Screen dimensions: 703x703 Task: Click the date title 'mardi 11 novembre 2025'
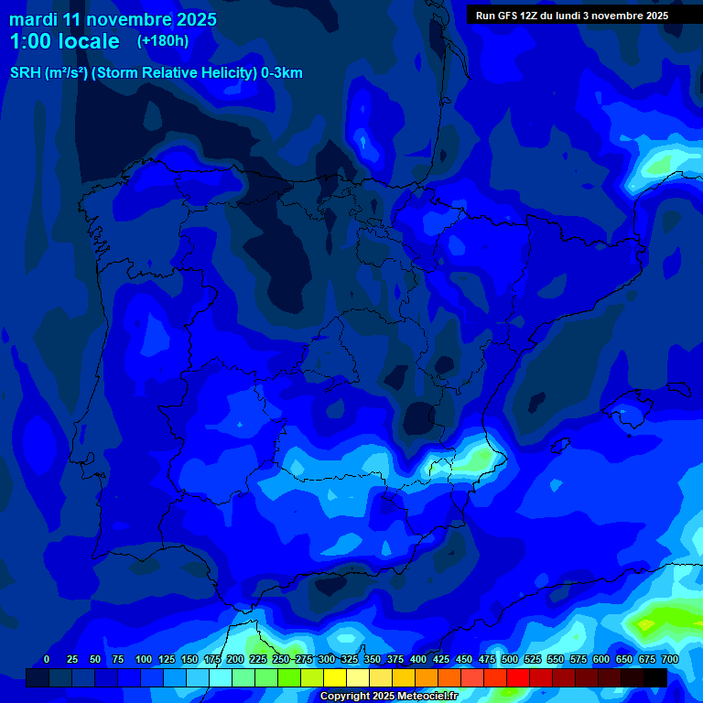pyautogui.click(x=113, y=19)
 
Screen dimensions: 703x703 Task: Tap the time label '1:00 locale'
pyautogui.click(x=64, y=41)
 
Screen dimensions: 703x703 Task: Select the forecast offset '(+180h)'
pyautogui.click(x=163, y=41)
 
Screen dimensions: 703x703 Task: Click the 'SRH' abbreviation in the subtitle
pyautogui.click(x=25, y=73)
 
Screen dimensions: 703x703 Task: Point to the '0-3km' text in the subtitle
pyautogui.click(x=282, y=73)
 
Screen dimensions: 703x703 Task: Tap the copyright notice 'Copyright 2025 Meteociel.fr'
pyautogui.click(x=388, y=696)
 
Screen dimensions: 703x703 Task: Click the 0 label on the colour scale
pyautogui.click(x=47, y=659)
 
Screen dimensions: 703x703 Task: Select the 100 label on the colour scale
pyautogui.click(x=144, y=659)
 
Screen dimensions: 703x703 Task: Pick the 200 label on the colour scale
pyautogui.click(x=235, y=659)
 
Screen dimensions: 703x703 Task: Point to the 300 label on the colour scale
pyautogui.click(x=327, y=659)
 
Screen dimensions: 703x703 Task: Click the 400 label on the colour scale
pyautogui.click(x=418, y=659)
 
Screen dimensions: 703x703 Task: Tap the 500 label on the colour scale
pyautogui.click(x=510, y=659)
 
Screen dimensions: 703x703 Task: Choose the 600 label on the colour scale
pyautogui.click(x=601, y=659)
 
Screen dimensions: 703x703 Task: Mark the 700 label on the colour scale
pyautogui.click(x=670, y=659)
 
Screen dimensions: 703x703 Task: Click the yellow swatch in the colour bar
pyautogui.click(x=335, y=677)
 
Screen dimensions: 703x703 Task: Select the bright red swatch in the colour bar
pyautogui.click(x=518, y=677)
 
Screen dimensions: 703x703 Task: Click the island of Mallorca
pyautogui.click(x=627, y=408)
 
